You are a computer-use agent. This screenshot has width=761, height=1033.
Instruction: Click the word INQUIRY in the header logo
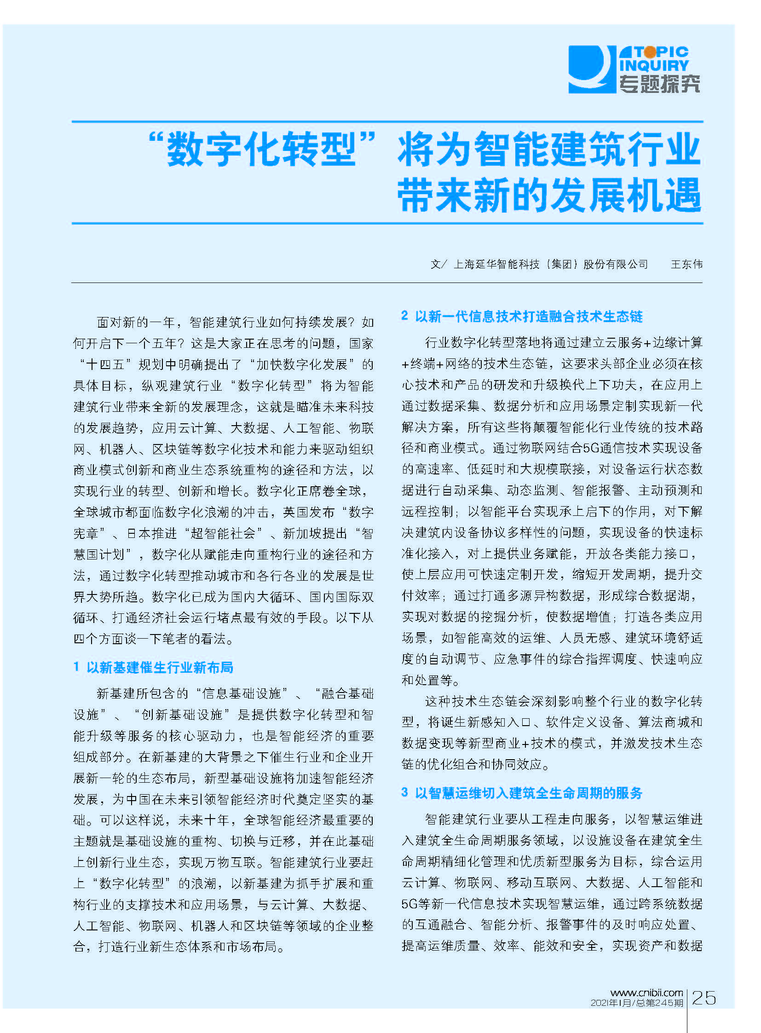pyautogui.click(x=654, y=66)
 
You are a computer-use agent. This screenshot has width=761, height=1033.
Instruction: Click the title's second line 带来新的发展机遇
pyautogui.click(x=548, y=196)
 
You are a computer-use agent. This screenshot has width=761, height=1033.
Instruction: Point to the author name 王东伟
pyautogui.click(x=686, y=264)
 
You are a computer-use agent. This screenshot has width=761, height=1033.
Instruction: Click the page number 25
pyautogui.click(x=704, y=998)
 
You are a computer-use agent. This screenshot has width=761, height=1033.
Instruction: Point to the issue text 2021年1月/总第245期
pyautogui.click(x=637, y=1003)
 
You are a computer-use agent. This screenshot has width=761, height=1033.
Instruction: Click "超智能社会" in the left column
pyautogui.click(x=224, y=533)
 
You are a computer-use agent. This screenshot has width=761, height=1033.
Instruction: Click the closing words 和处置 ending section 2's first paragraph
pyautogui.click(x=427, y=680)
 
